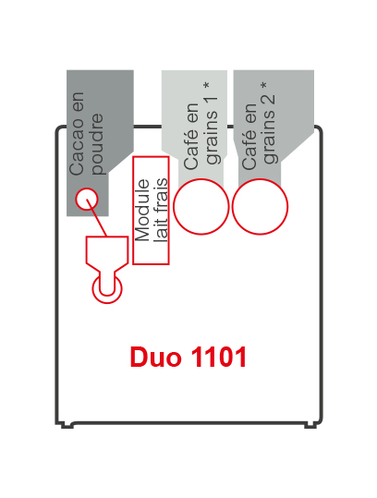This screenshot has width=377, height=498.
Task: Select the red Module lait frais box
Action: [151, 209]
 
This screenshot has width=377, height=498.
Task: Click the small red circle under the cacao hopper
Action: [86, 199]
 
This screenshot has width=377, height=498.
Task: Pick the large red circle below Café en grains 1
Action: [201, 206]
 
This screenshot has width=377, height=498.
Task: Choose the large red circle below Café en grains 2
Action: [260, 206]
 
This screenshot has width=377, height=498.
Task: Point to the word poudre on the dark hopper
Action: [99, 143]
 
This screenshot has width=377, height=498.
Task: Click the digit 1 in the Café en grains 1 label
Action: [213, 103]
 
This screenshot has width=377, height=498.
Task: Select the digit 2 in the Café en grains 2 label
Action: [272, 103]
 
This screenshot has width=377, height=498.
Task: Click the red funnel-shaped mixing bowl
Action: [106, 253]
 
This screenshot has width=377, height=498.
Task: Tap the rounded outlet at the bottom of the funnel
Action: [106, 288]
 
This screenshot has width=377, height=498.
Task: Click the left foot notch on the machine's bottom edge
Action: [67, 425]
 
